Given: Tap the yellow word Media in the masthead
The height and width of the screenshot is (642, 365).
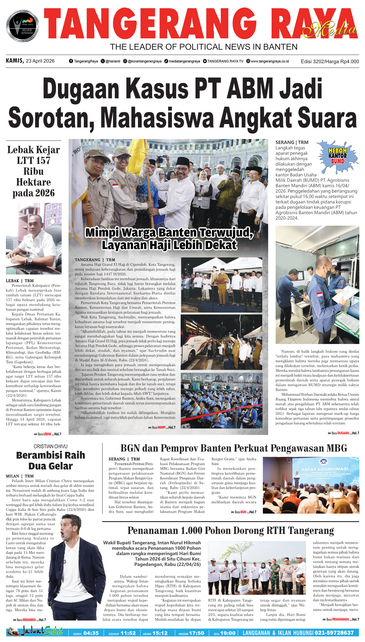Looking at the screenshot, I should [330, 30].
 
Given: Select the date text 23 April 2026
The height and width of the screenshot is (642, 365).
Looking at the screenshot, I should [40, 61].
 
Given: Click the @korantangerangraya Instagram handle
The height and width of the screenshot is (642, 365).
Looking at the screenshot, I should [145, 61].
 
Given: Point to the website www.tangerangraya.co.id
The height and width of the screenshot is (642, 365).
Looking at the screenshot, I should [270, 61].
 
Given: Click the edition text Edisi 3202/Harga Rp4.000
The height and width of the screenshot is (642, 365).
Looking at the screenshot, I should [329, 61].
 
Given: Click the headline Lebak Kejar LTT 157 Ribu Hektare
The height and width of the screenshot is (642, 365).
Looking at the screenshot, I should [34, 171].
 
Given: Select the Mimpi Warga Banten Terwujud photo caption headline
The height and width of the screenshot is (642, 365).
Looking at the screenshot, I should [169, 239].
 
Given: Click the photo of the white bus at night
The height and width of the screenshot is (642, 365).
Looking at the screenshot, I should [221, 342].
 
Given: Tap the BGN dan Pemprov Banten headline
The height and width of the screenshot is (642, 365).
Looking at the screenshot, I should [234, 448].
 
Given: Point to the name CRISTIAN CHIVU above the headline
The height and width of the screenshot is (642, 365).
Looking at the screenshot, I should [50, 447].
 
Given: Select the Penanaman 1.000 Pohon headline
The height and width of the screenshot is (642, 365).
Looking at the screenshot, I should [230, 530].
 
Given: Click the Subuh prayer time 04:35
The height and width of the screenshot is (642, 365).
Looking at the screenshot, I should [91, 633].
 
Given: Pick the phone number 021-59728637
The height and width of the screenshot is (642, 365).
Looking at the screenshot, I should [334, 633].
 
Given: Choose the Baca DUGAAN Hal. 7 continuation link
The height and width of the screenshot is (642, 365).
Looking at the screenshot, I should [344, 433].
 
